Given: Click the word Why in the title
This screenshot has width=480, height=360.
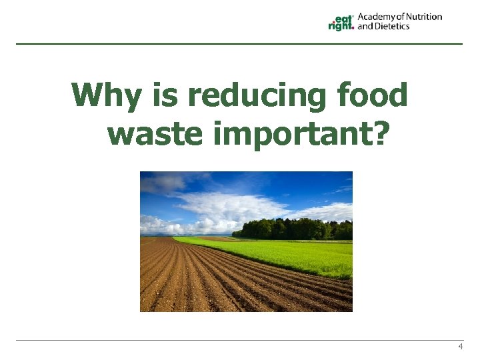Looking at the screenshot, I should [x=106, y=96].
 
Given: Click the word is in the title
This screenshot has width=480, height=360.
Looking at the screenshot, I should [x=164, y=96].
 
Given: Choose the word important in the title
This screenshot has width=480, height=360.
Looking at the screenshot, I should [x=280, y=135].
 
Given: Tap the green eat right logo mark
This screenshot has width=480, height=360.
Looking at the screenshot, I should [x=341, y=23].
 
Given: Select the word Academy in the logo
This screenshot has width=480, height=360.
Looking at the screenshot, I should [x=377, y=17].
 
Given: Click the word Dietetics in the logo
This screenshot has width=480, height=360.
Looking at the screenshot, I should [x=392, y=27].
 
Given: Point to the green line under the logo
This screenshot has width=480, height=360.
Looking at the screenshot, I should [x=240, y=44].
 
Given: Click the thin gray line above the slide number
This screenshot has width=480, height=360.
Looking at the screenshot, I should [x=240, y=341].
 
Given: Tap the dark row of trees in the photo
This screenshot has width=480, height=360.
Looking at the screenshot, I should [x=293, y=229].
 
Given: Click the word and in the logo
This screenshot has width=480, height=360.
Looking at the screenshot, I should [x=365, y=27].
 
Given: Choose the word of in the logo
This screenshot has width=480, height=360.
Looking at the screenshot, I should [x=399, y=17].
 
